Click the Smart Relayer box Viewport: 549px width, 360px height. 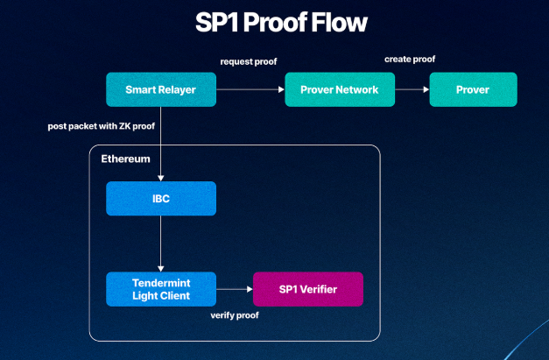(161, 89)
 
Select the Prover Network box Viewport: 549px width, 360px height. (340, 89)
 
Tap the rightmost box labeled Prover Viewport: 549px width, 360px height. (474, 89)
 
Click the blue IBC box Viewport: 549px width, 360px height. (161, 199)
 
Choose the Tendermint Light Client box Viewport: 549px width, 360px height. (161, 289)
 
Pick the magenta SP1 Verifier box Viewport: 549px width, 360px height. (308, 289)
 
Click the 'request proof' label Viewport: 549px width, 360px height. (249, 61)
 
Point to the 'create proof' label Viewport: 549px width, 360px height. (410, 60)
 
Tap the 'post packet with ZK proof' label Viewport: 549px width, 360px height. (102, 126)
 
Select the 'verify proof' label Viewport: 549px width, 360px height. (235, 315)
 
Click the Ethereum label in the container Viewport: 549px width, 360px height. (125, 159)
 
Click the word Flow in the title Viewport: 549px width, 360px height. (339, 23)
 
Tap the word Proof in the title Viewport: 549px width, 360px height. (275, 23)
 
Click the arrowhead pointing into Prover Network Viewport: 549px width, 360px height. (281, 89)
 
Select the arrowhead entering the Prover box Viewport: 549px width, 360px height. (426, 89)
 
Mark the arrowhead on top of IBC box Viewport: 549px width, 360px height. (161, 179)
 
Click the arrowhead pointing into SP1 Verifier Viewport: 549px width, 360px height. (250, 289)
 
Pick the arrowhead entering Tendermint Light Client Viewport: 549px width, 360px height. (161, 269)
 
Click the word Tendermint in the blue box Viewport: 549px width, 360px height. (161, 283)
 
